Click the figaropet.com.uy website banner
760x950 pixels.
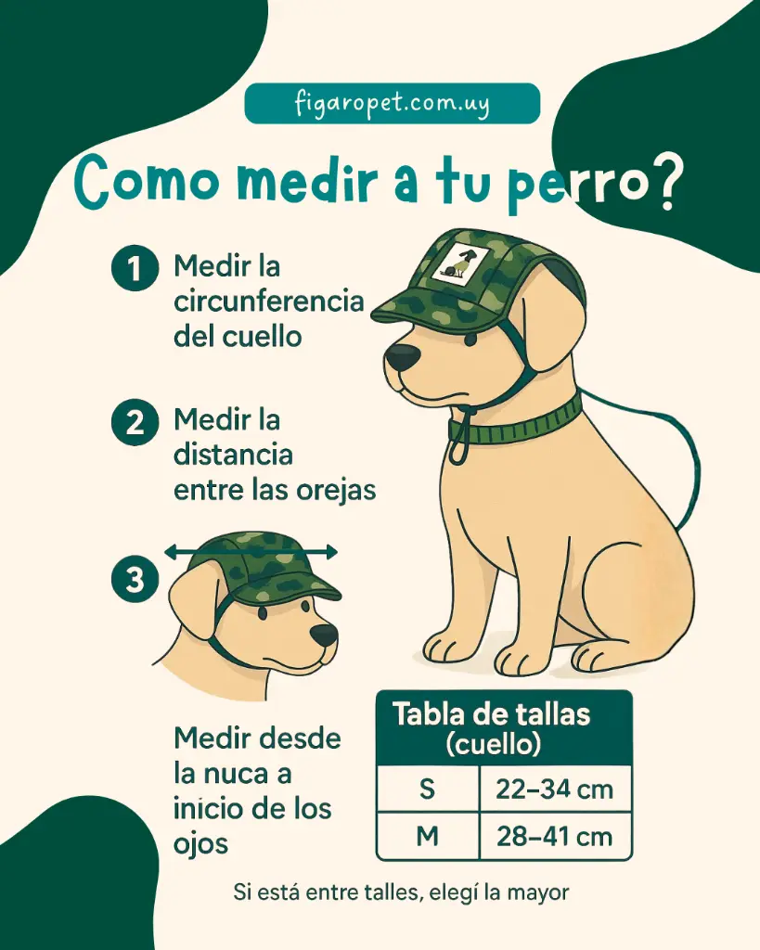click(392, 103)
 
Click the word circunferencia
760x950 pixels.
click(268, 302)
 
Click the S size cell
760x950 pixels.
click(427, 790)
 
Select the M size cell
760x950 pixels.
click(427, 836)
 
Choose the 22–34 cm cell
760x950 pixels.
click(554, 790)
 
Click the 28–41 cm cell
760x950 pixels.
click(554, 836)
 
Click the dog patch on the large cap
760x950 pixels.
click(457, 263)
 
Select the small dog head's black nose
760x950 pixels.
click(324, 635)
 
